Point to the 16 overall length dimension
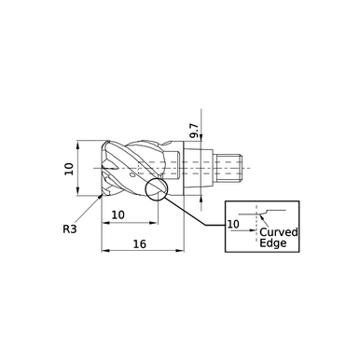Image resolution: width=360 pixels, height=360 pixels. (x=138, y=244)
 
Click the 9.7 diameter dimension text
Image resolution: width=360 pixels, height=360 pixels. (x=194, y=130)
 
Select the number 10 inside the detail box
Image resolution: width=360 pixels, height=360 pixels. (x=233, y=225)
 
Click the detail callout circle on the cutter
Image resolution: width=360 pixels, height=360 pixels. (x=156, y=189)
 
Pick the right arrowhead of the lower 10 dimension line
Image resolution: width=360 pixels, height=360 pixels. (x=154, y=223)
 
